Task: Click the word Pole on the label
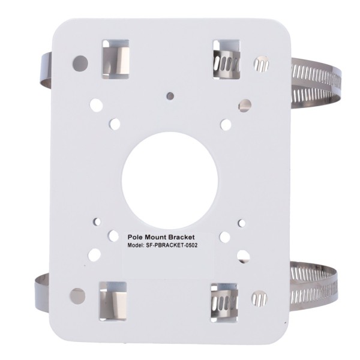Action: point(139,238)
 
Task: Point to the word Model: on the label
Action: point(137,246)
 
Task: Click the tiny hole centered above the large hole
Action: point(171,95)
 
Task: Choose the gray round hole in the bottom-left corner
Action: point(77,294)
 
